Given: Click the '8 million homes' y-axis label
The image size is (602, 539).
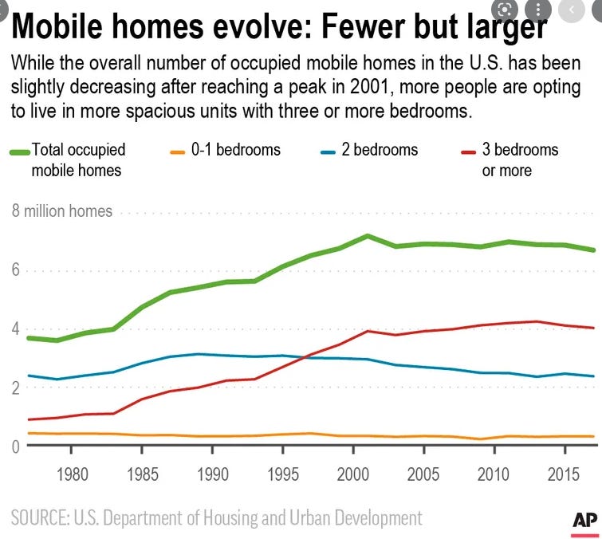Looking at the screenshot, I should tap(62, 211).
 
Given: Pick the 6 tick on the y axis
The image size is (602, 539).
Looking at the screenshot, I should tap(15, 271).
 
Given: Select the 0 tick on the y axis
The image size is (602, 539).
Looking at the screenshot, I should tap(15, 447).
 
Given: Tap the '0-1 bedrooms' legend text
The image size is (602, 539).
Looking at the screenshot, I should tap(236, 150).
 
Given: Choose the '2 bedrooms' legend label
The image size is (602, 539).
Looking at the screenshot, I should tap(380, 150).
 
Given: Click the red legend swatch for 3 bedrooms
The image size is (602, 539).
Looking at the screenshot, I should tap(469, 151).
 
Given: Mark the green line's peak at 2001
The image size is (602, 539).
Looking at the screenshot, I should tap(367, 236).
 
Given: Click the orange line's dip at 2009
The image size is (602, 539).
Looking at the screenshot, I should tap(479, 439).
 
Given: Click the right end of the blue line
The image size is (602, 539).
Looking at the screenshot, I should tap(592, 376).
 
